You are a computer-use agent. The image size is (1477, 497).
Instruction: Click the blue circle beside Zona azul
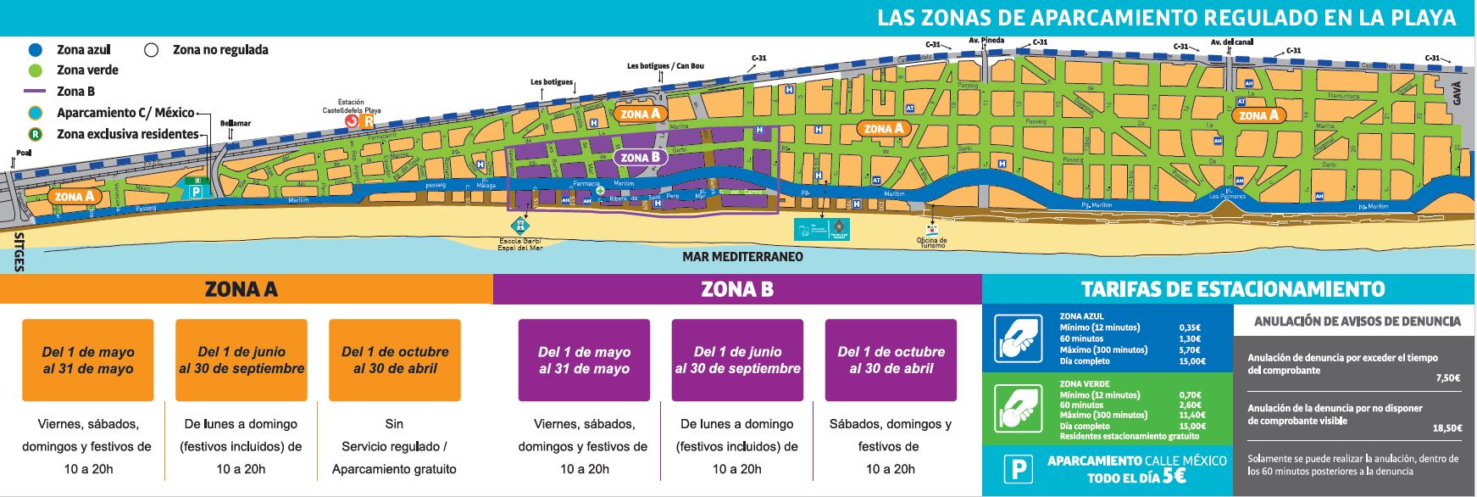tap(35, 49)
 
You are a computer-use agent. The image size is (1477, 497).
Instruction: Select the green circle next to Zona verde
tap(35, 70)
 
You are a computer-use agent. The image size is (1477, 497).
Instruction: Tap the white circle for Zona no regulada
tap(152, 49)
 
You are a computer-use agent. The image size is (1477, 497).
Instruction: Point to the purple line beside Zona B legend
tap(35, 92)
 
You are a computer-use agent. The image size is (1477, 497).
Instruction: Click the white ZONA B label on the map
tap(640, 157)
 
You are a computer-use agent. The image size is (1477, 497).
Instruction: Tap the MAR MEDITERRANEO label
tap(742, 256)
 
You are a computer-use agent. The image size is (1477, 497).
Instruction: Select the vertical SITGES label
tap(19, 252)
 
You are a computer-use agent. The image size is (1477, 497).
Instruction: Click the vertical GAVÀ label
tap(1458, 92)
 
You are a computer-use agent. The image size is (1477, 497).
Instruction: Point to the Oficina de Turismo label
tap(931, 243)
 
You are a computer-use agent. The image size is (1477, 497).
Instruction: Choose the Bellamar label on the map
tap(236, 123)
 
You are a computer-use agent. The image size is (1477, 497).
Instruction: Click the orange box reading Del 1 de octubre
tap(395, 360)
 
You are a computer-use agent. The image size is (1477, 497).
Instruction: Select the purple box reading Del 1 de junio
tap(737, 360)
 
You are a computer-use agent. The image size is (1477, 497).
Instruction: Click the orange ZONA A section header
tap(242, 289)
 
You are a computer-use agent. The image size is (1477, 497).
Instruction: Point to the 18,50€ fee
tap(1446, 428)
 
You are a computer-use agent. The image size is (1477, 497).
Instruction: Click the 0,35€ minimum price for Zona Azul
tap(1189, 327)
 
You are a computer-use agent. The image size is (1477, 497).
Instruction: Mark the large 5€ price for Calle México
tap(1174, 477)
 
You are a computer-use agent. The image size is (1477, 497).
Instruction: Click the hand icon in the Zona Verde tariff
tap(1018, 408)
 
